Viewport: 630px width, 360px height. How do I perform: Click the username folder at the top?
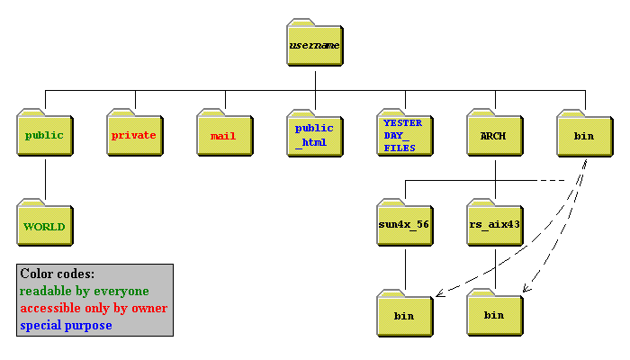pos(314,44)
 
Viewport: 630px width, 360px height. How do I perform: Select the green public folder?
pos(44,135)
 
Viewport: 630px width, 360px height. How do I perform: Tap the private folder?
pos(134,135)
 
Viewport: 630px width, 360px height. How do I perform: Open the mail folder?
pos(223,135)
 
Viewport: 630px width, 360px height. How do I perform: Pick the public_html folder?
pos(314,135)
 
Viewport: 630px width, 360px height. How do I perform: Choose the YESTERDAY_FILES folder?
pos(404,135)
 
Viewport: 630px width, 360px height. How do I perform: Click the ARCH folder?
pos(494,135)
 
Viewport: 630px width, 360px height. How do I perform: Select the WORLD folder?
pos(44,226)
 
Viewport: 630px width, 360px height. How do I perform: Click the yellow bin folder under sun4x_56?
pos(404,316)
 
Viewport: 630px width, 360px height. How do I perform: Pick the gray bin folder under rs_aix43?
pos(494,316)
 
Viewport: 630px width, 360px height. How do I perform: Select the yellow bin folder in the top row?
pos(584,135)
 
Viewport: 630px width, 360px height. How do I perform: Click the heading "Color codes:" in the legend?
pos(57,274)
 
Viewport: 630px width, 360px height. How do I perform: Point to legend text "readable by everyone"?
pos(85,291)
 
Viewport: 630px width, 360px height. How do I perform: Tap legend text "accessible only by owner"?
pos(94,308)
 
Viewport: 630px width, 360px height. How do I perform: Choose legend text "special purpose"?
pos(67,324)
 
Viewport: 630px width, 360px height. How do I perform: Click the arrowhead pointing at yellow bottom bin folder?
pos(437,294)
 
